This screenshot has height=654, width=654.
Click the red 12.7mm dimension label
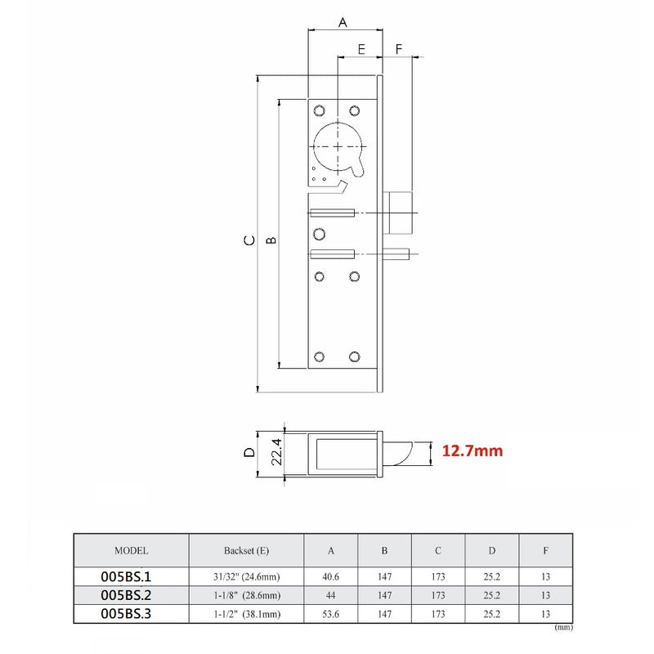472,450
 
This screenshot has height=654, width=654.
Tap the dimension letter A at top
343,23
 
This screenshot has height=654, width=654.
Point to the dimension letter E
361,49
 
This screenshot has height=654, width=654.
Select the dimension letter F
398,49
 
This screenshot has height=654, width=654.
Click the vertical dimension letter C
247,240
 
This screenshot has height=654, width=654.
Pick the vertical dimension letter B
271,240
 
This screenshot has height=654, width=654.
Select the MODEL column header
132,551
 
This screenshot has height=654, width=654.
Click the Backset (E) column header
246,551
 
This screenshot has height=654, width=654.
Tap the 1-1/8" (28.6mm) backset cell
246,595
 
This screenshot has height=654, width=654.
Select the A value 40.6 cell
331,576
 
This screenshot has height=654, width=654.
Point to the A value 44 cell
331,595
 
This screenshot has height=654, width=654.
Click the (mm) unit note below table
563,628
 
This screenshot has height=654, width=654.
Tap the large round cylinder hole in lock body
336,145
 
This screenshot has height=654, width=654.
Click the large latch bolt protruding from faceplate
401,213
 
